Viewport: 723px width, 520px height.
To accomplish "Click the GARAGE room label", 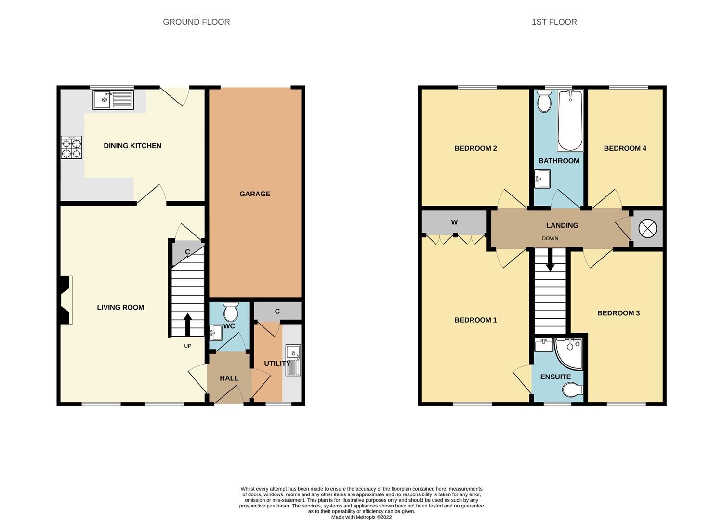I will (x=255, y=194).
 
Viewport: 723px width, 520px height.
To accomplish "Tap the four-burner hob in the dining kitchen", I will (x=71, y=147).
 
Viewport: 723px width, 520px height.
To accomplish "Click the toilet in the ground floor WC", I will (x=231, y=312).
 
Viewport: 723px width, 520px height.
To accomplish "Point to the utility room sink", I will (x=293, y=360).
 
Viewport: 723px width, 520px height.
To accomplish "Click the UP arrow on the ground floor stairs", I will (x=187, y=325).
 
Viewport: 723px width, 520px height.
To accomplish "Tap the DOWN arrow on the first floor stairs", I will (x=550, y=262).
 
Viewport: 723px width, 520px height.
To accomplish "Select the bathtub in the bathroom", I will (x=570, y=120).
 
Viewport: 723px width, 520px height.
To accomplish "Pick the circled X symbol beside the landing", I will (x=647, y=229).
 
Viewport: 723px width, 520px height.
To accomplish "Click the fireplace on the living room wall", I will (x=66, y=299).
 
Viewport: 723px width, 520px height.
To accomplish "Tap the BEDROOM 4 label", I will (x=625, y=148).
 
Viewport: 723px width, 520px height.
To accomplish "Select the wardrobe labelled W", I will (x=454, y=222).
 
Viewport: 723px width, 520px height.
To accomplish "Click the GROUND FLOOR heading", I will (x=196, y=22).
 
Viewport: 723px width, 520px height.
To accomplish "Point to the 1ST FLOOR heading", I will (x=554, y=22).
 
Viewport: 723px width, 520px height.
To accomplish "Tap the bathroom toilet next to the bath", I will (x=544, y=102).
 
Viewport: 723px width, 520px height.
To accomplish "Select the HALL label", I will (x=229, y=378).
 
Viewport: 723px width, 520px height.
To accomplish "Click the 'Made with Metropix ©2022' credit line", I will (x=361, y=517).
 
